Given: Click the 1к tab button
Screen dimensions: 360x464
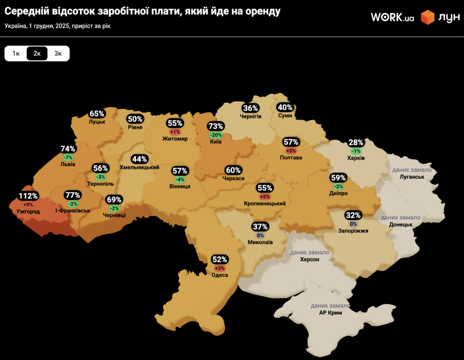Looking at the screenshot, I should (x=16, y=53).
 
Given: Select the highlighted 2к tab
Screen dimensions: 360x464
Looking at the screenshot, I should (x=37, y=53).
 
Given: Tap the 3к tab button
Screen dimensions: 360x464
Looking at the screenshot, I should (x=58, y=53).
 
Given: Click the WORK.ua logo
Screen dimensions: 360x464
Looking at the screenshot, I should (x=392, y=17).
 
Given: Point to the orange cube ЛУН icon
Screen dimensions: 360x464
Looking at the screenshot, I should (x=428, y=17).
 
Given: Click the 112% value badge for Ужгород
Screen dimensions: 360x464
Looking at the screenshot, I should (x=28, y=196).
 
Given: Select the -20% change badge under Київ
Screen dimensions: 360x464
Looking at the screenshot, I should (x=216, y=135).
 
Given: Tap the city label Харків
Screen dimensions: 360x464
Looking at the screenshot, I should (x=356, y=158).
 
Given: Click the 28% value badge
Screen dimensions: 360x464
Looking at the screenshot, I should (x=356, y=143).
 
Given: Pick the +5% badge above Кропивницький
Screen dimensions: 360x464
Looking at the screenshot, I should (x=264, y=196).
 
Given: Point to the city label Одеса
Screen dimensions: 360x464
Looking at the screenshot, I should (x=219, y=275).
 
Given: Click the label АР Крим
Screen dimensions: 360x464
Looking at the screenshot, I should (x=330, y=312).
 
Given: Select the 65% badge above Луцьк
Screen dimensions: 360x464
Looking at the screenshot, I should (x=97, y=114).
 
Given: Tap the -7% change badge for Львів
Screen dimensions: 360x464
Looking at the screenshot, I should (x=68, y=157).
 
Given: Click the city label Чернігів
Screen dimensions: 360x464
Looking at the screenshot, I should (x=251, y=116).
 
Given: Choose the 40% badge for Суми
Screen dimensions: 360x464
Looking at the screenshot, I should (x=285, y=107).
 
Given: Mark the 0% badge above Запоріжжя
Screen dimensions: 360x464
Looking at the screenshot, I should (x=353, y=224).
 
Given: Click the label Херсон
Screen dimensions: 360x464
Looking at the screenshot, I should (x=309, y=259).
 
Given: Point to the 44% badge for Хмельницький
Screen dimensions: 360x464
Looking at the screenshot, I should (x=139, y=159).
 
